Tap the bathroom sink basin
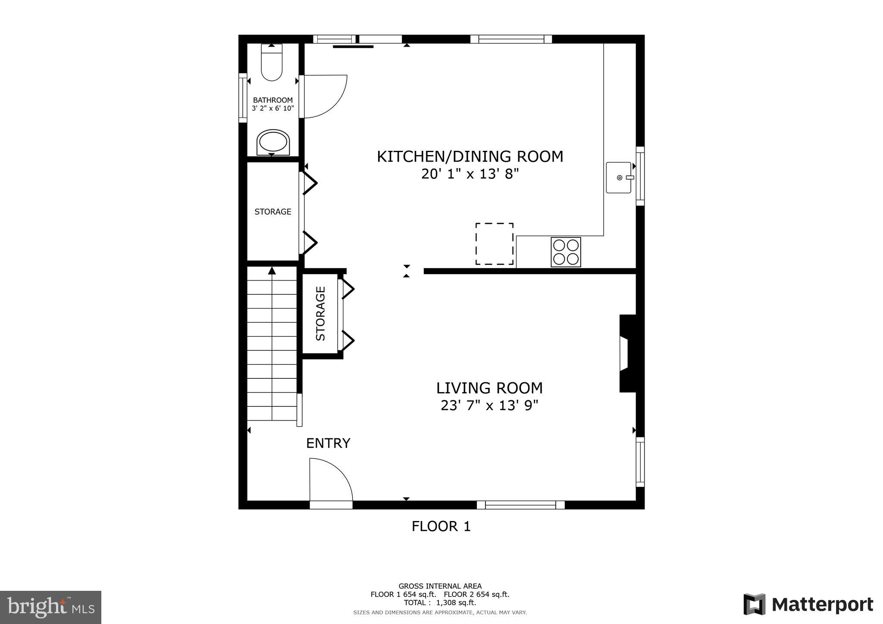(273, 142)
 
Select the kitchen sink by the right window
(618, 178)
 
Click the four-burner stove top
(566, 252)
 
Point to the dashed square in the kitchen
(494, 244)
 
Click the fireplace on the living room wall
(627, 353)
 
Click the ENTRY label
(328, 443)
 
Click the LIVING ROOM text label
(489, 388)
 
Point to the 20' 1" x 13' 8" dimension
(470, 174)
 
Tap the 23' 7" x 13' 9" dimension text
(489, 406)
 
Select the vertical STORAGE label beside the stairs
(320, 314)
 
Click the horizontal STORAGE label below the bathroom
(272, 212)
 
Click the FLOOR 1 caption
(441, 526)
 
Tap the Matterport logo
(808, 605)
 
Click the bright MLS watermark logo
(51, 607)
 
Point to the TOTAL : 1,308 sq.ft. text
(440, 603)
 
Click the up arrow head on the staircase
(272, 271)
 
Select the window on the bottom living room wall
(520, 505)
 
